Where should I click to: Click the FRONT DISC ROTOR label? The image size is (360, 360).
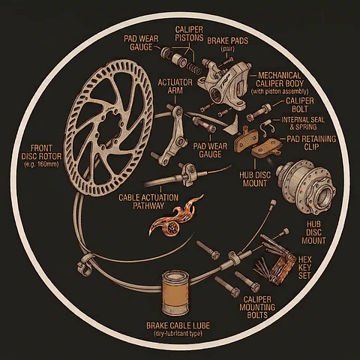tap(41, 152)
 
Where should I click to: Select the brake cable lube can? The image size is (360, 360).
tap(175, 292)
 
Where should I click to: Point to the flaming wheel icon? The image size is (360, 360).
tap(175, 217)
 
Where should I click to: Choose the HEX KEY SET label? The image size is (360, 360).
tap(304, 268)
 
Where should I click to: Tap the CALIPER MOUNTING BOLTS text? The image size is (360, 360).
tap(257, 307)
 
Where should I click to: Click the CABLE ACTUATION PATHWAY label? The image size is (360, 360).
tap(148, 202)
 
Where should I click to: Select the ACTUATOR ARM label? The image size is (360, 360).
tap(175, 86)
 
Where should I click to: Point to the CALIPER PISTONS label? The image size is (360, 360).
tap(189, 34)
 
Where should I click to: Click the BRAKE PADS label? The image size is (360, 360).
tap(228, 40)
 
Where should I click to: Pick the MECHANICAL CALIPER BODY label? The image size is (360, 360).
tap(280, 79)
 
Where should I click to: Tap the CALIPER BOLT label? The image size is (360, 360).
tap(300, 105)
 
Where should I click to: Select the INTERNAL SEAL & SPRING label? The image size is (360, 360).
tap(303, 124)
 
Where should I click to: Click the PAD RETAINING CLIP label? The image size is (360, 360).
tap(311, 143)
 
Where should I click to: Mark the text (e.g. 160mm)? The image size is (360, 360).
tap(41, 165)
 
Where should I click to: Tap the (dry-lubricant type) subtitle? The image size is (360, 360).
tap(178, 334)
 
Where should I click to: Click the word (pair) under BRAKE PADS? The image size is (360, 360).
tap(227, 49)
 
